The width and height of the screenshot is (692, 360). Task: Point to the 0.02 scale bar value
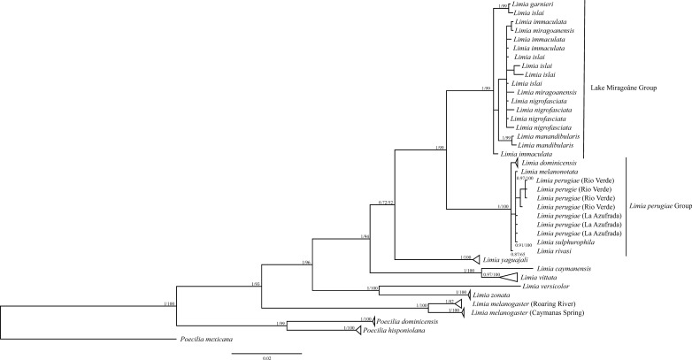click(266, 356)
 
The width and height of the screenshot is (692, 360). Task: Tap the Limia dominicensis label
click(549, 165)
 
